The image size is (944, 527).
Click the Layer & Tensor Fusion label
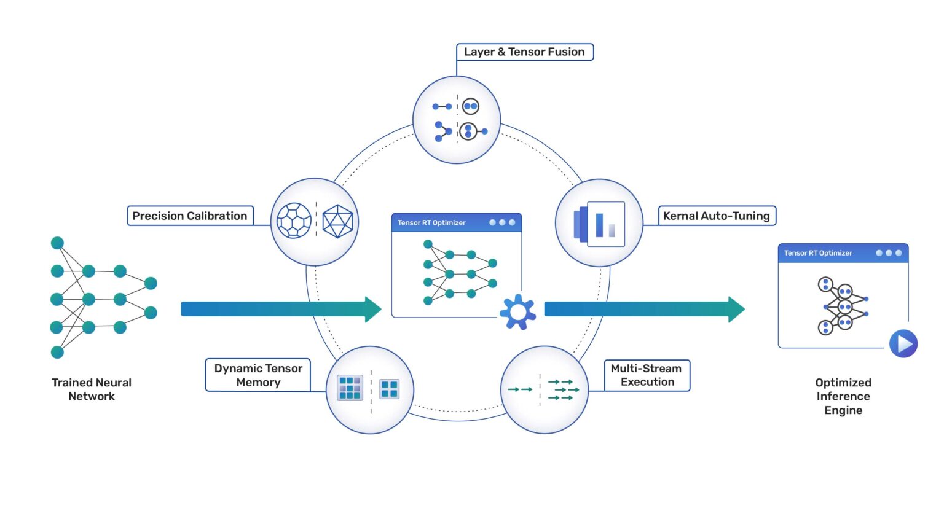tap(524, 52)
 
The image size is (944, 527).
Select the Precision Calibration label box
tap(190, 216)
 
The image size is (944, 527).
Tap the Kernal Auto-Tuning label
tap(717, 216)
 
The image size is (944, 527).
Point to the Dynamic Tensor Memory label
tap(258, 375)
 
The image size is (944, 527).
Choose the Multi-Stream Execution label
tap(647, 375)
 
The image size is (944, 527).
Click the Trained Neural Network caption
tap(92, 389)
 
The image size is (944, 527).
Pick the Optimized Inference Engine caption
tap(843, 396)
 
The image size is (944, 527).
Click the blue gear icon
tap(517, 312)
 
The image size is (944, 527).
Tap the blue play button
tap(903, 343)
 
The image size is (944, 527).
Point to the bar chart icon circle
tap(599, 223)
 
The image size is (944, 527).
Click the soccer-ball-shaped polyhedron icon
tap(294, 221)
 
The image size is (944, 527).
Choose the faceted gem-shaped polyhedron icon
tap(337, 221)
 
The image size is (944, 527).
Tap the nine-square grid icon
tap(350, 388)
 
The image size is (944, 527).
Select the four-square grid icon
tap(389, 389)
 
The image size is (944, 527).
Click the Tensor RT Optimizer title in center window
tap(431, 223)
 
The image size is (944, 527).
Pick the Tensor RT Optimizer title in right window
tap(818, 253)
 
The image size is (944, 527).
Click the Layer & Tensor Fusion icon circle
tap(457, 120)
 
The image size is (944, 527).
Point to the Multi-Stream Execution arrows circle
tap(545, 390)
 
